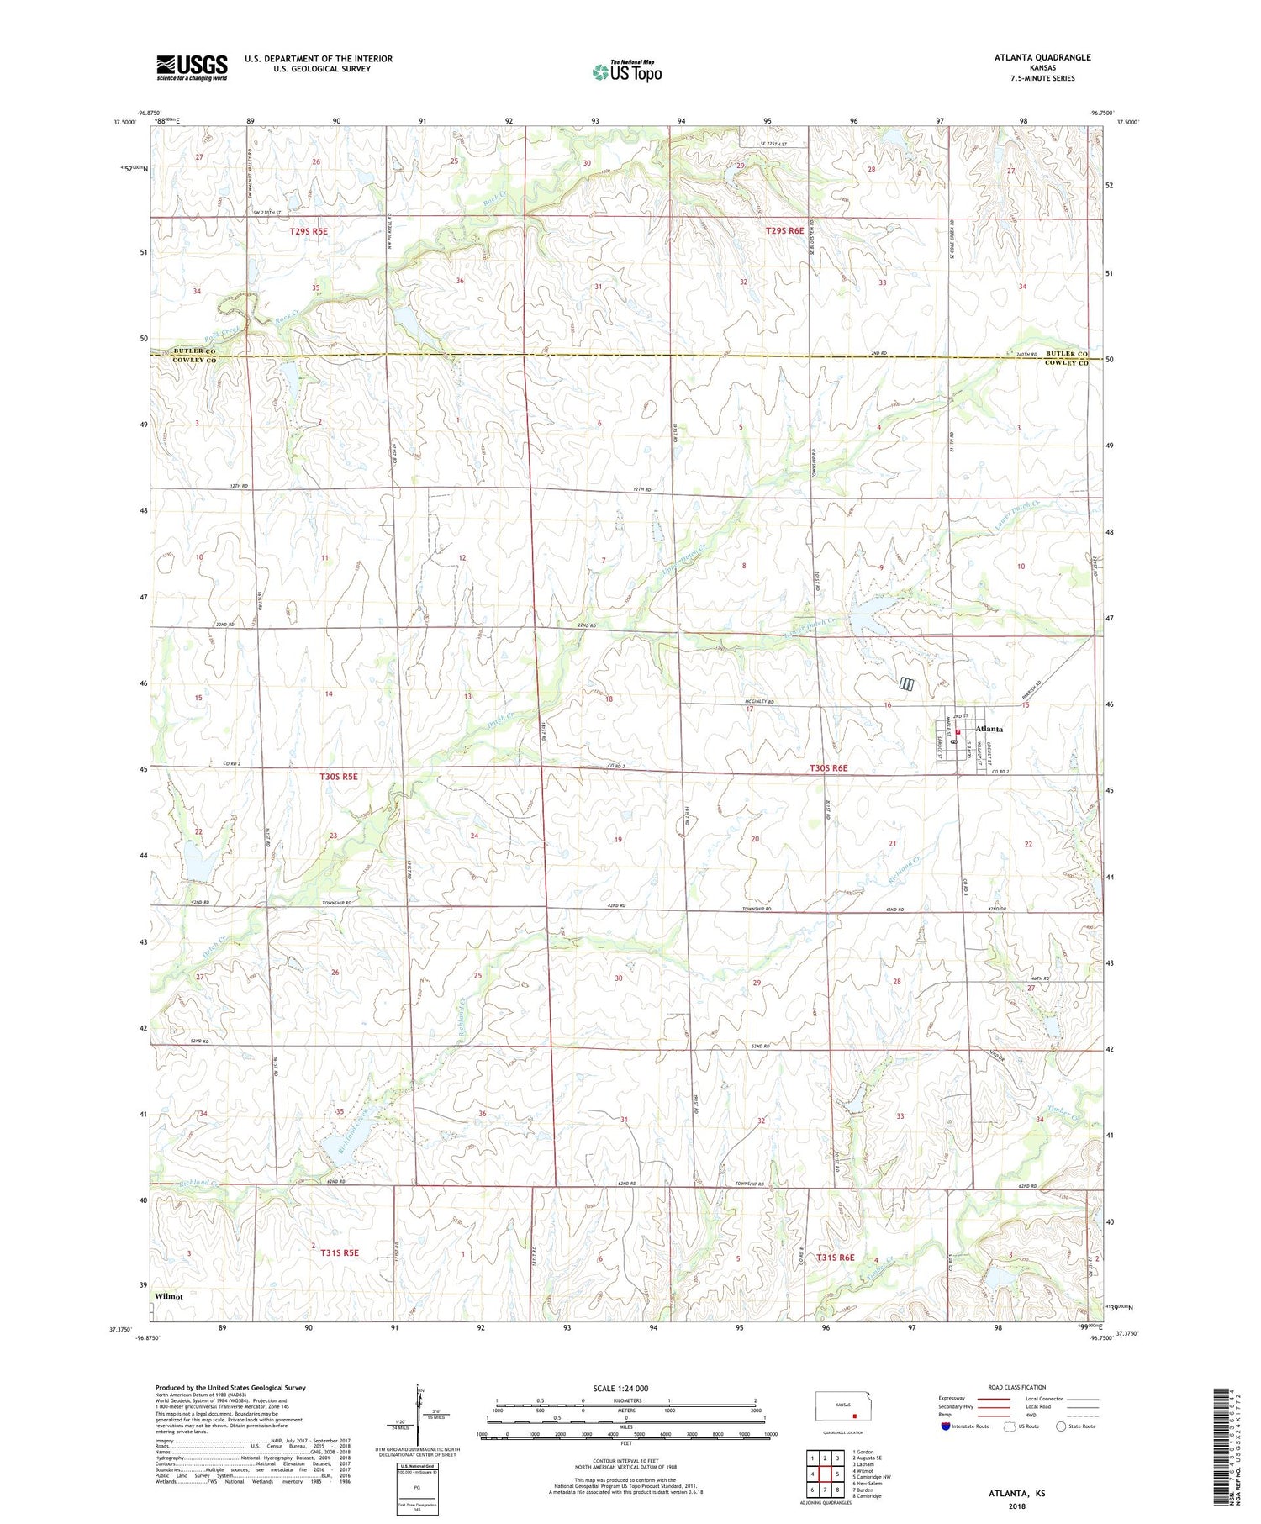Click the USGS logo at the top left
click(x=192, y=67)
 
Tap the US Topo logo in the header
click(x=626, y=72)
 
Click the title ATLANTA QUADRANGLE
click(x=1042, y=57)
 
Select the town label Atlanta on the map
click(x=988, y=729)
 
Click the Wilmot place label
click(x=168, y=1296)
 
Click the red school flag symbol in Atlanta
click(x=958, y=732)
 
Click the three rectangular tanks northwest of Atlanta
click(x=906, y=683)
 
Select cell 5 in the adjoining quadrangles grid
click(x=837, y=1474)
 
